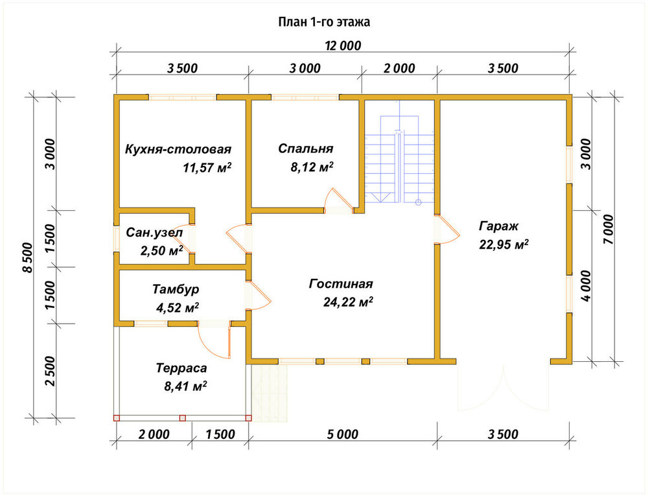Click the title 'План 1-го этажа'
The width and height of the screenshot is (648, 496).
324,22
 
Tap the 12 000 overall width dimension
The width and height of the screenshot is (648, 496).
343,45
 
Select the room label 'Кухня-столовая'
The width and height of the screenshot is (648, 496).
178,149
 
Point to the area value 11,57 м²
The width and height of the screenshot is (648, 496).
207,167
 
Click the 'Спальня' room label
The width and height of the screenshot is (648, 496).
306,148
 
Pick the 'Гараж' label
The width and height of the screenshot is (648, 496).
498,226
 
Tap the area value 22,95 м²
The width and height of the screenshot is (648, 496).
503,244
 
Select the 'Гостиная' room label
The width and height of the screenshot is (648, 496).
341,284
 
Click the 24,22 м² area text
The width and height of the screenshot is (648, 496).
348,302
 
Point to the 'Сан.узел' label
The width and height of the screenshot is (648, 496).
154,233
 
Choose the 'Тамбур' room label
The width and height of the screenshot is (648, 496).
176,289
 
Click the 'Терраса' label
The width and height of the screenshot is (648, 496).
181,368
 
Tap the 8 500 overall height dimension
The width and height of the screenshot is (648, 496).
27,257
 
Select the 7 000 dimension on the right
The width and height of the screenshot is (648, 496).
608,229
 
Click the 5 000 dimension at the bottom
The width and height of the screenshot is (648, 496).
343,434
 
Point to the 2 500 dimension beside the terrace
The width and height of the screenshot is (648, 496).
50,371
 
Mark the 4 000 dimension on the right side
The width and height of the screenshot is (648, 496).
586,286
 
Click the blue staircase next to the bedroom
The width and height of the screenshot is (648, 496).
400,161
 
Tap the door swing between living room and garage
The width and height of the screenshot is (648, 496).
448,229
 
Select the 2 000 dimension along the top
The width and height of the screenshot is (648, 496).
399,68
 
